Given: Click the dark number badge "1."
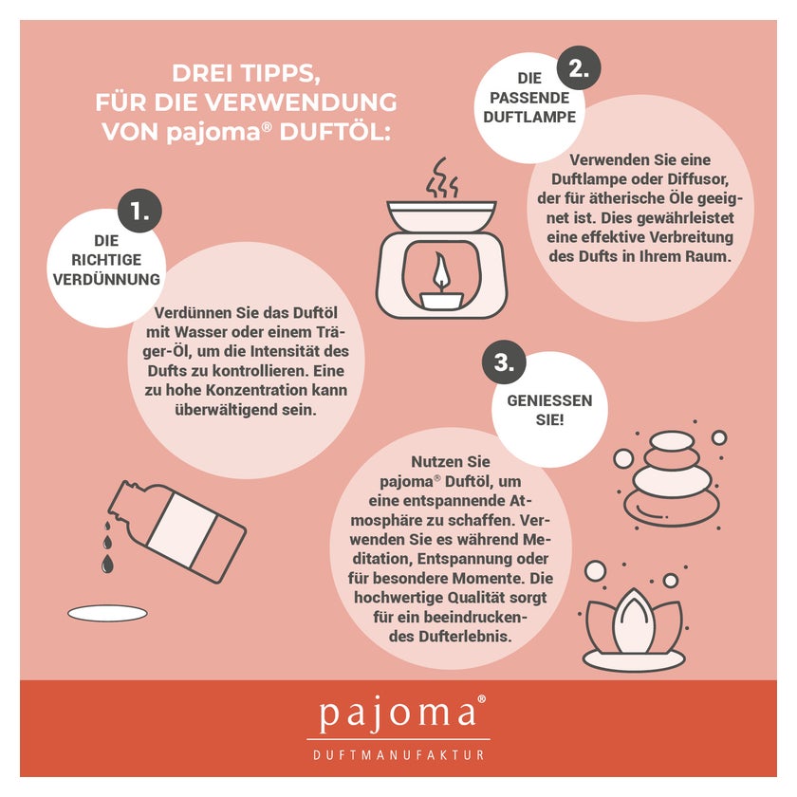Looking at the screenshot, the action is click(x=139, y=211).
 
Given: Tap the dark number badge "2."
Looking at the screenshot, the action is click(x=579, y=68).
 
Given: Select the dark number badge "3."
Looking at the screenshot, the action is click(x=504, y=362).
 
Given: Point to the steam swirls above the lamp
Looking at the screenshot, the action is click(x=442, y=177).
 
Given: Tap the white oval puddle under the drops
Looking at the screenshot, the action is click(x=108, y=613).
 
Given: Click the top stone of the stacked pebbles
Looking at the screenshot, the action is click(x=673, y=440).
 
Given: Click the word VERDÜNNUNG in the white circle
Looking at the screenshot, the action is click(x=106, y=279).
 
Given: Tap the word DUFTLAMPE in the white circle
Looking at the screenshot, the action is click(x=529, y=117).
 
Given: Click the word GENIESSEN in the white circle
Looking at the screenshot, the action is click(x=549, y=400).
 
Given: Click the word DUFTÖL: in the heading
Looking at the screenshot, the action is click(x=335, y=132).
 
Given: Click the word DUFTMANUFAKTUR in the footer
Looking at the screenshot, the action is click(x=398, y=755).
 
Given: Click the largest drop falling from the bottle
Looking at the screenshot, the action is click(x=107, y=564).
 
